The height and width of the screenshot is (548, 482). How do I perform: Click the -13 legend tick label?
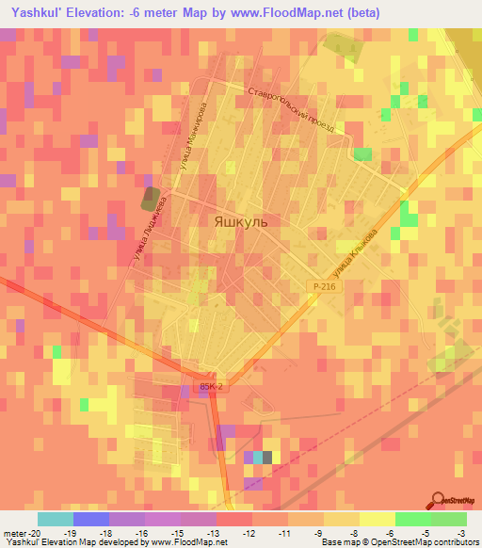click(x=216, y=532)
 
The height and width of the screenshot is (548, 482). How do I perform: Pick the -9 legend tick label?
click(x=323, y=532)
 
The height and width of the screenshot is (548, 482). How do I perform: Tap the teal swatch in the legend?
click(x=55, y=519)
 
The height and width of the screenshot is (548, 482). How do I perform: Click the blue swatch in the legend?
click(x=90, y=519)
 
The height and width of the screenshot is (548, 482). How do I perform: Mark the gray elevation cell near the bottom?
click(x=266, y=458)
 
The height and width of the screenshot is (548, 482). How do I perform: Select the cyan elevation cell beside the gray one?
click(x=255, y=458)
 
